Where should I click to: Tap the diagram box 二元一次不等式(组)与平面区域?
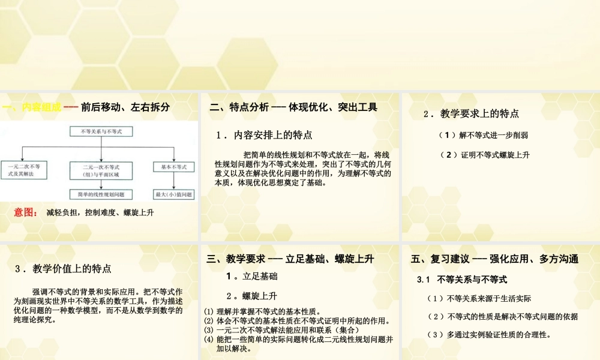point(101,170)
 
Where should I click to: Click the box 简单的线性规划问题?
point(101,194)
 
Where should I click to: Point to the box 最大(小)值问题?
point(173,194)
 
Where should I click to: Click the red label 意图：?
point(26,212)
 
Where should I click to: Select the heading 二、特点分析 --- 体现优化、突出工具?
point(293,108)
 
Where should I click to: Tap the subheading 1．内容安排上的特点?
point(265,136)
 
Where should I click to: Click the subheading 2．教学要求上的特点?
point(471,113)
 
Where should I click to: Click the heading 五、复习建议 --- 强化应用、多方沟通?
point(494,259)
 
